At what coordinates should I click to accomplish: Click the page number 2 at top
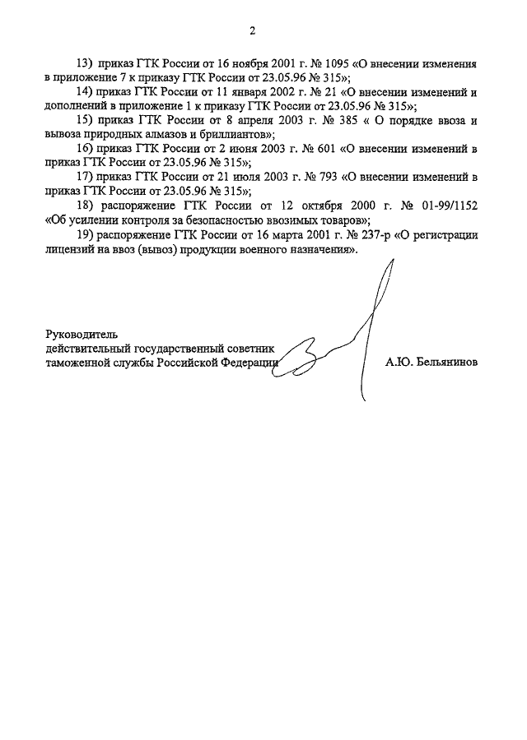254,31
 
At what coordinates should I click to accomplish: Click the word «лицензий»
74,248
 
